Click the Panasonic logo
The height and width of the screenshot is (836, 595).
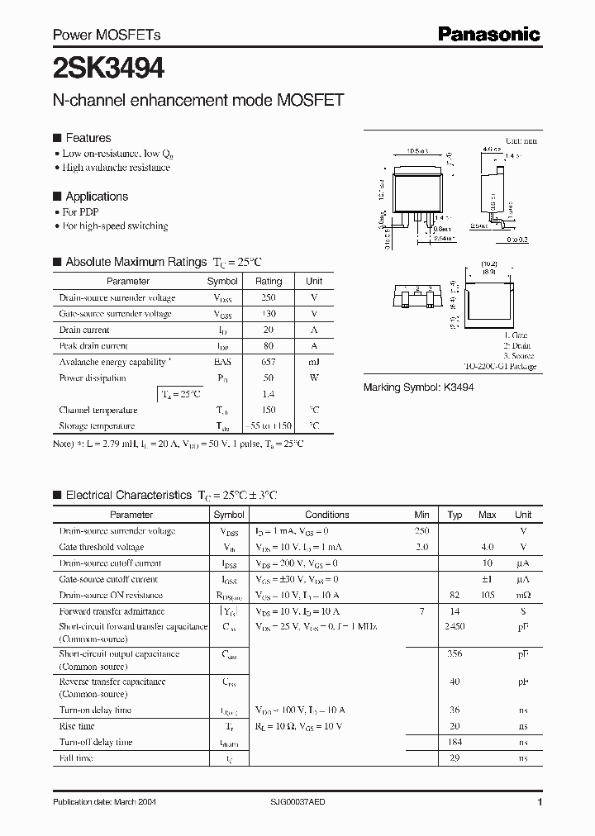[488, 34]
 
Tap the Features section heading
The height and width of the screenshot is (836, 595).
[88, 138]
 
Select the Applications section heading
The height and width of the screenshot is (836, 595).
[97, 197]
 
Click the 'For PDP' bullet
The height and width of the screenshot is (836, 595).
[81, 212]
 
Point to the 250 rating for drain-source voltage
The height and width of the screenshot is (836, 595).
[269, 297]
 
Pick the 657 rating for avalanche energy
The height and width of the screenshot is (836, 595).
[269, 362]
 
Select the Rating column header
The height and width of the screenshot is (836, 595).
[269, 281]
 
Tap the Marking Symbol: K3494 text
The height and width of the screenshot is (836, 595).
[418, 387]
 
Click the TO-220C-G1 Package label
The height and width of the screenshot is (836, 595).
[499, 366]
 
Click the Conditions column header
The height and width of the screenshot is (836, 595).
[327, 515]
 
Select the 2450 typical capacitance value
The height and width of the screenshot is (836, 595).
[455, 627]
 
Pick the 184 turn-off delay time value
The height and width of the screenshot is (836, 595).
[455, 742]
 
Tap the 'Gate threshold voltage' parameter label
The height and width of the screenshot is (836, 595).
[101, 547]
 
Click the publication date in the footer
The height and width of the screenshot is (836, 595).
[104, 802]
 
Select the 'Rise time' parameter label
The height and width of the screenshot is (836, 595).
[77, 726]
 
